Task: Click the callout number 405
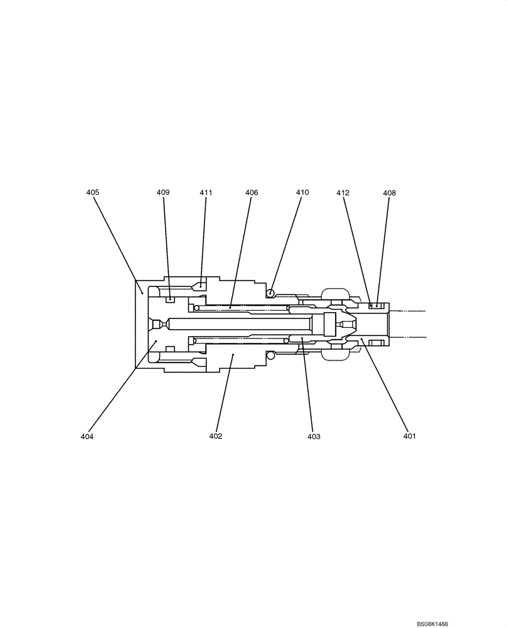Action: point(93,193)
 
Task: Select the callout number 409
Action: point(163,193)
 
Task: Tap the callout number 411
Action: point(206,193)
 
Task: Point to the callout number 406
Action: point(252,193)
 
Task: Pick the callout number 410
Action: point(302,193)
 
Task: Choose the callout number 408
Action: point(389,193)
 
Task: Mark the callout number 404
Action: point(87,436)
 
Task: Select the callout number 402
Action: point(216,436)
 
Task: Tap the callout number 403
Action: point(314,436)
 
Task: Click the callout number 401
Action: point(409,436)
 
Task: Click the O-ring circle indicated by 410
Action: point(270,292)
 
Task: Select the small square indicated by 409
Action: point(169,300)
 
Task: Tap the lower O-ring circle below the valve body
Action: point(271,356)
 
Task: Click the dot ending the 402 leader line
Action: point(233,355)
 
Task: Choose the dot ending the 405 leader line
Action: point(142,292)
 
